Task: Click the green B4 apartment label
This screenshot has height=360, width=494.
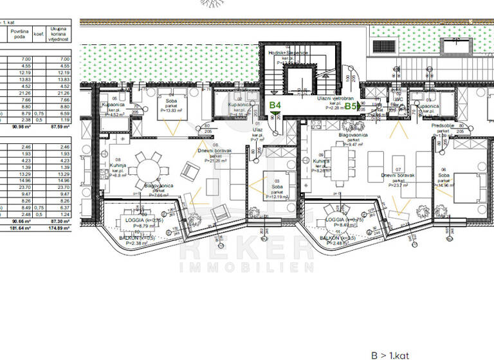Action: click(275, 105)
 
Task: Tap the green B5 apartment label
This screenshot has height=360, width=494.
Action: click(351, 106)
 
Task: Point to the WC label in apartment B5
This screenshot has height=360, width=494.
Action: click(398, 100)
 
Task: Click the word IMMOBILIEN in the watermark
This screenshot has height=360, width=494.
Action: click(247, 266)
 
